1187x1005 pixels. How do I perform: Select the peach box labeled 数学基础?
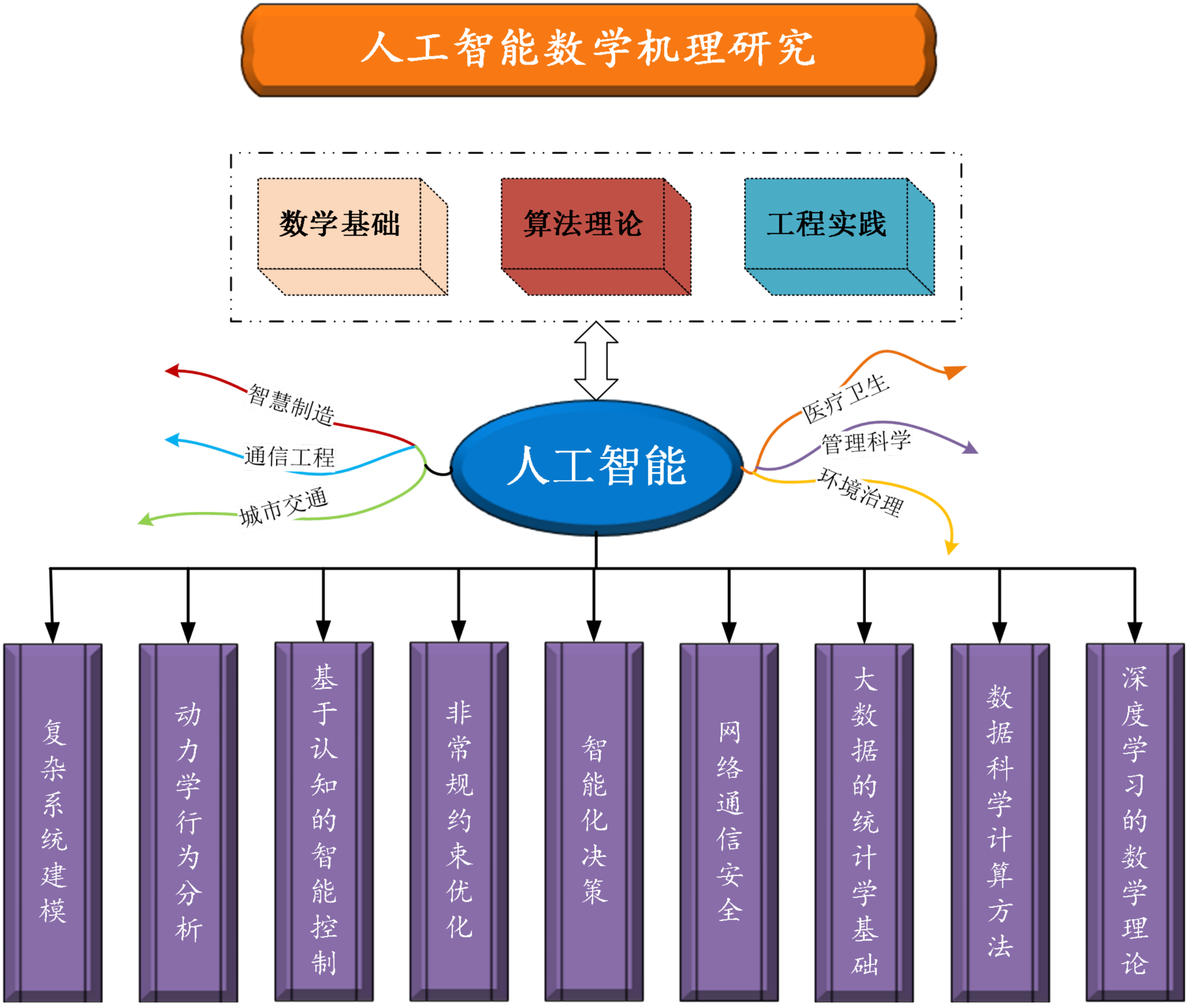point(339,223)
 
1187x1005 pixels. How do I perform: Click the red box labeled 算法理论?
point(582,223)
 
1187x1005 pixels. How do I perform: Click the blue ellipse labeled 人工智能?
point(596,467)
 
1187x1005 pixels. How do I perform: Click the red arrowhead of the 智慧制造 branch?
point(172,371)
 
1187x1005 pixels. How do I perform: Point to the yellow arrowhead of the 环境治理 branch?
point(951,548)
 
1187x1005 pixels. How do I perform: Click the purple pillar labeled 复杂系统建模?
point(53,821)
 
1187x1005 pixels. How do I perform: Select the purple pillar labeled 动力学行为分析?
point(188,821)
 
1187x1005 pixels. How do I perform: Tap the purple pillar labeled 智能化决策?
point(594,821)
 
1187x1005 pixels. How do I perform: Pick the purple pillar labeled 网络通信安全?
point(729,821)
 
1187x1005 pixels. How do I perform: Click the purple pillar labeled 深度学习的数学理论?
point(1135,821)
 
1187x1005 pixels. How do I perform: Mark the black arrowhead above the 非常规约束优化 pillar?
point(459,631)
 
